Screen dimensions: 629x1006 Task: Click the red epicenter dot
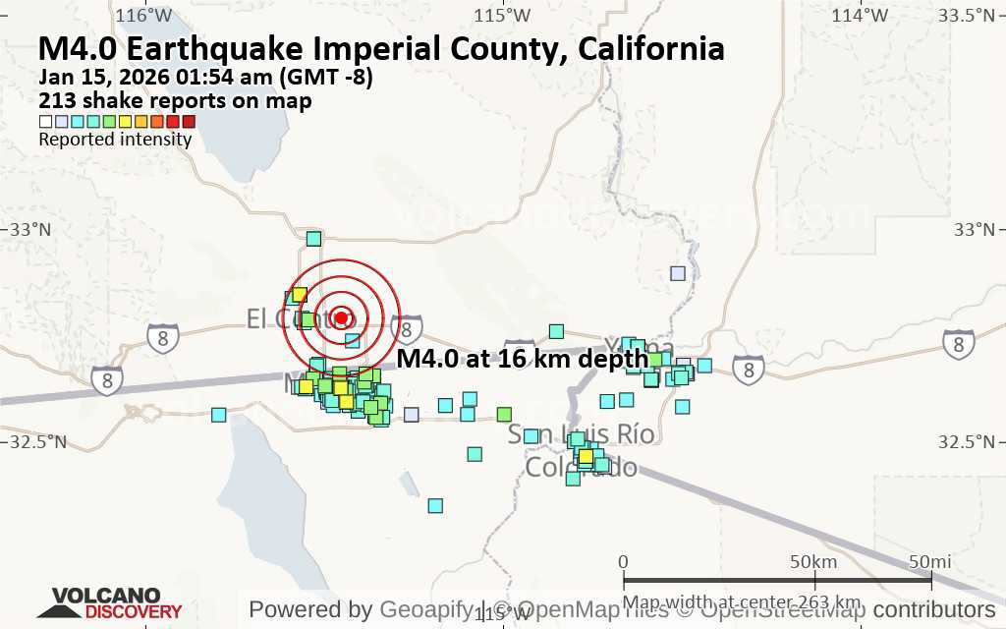tap(341, 317)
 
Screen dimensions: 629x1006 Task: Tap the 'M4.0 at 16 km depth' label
tap(523, 359)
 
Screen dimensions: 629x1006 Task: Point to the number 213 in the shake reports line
tap(56, 100)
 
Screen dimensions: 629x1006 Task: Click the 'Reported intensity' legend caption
tap(115, 140)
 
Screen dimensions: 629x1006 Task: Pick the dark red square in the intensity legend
tap(189, 122)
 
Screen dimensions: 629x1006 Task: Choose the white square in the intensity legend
tap(45, 122)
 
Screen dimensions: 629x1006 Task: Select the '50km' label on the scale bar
tap(812, 561)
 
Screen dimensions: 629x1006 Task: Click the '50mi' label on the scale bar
tap(928, 561)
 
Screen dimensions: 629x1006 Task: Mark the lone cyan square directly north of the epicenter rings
tap(313, 238)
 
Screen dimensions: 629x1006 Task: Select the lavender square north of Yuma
tap(677, 273)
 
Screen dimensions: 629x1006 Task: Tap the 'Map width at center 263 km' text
tap(743, 601)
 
